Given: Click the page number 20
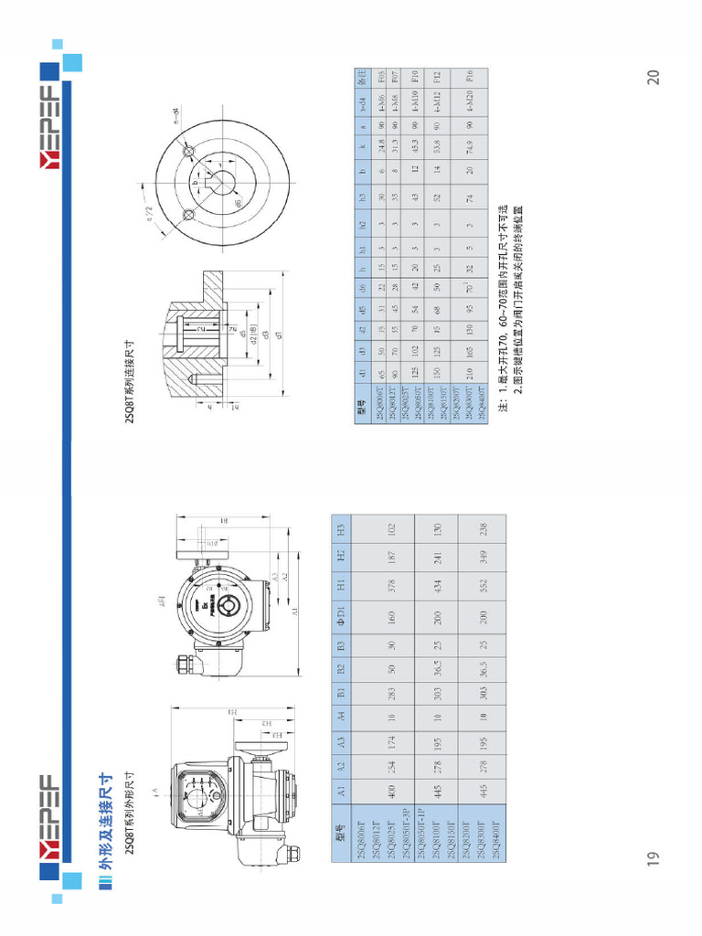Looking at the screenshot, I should [654, 77].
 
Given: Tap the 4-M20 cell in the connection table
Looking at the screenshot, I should [469, 102].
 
